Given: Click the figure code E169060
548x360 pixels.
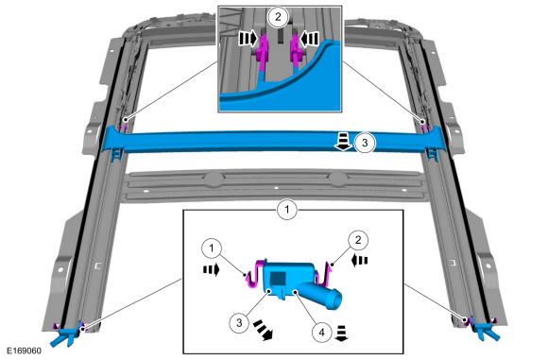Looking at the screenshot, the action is pos(25,351).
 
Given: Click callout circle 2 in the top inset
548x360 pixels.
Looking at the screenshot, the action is pos(278,16).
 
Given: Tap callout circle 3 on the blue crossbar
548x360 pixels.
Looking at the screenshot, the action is pos(365,143).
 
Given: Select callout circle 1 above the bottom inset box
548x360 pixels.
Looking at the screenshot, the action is pos(287,210).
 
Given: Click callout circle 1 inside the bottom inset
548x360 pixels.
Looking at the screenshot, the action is pos(212,249).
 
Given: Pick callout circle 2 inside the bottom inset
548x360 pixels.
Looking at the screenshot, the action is pos(358,240).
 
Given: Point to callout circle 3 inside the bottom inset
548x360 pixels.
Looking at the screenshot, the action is pos(239,322).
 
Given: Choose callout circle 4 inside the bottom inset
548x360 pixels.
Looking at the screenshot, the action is pos(322,332).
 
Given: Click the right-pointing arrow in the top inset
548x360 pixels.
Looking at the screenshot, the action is pos(248,38).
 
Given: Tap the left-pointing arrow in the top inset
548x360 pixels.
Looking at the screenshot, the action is pos(310,38).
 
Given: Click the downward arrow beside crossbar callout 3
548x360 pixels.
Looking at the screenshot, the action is pos(344,142).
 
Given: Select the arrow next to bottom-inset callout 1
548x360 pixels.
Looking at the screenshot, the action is pos(211,269).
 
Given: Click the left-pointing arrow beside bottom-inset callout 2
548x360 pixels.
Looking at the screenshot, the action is pos(360,261).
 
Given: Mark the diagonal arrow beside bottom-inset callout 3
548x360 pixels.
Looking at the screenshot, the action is pos(264,330).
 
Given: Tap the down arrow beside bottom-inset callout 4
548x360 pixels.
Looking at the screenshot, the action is pos(341,333).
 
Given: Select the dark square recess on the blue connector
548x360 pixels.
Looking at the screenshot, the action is pos(278,279).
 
